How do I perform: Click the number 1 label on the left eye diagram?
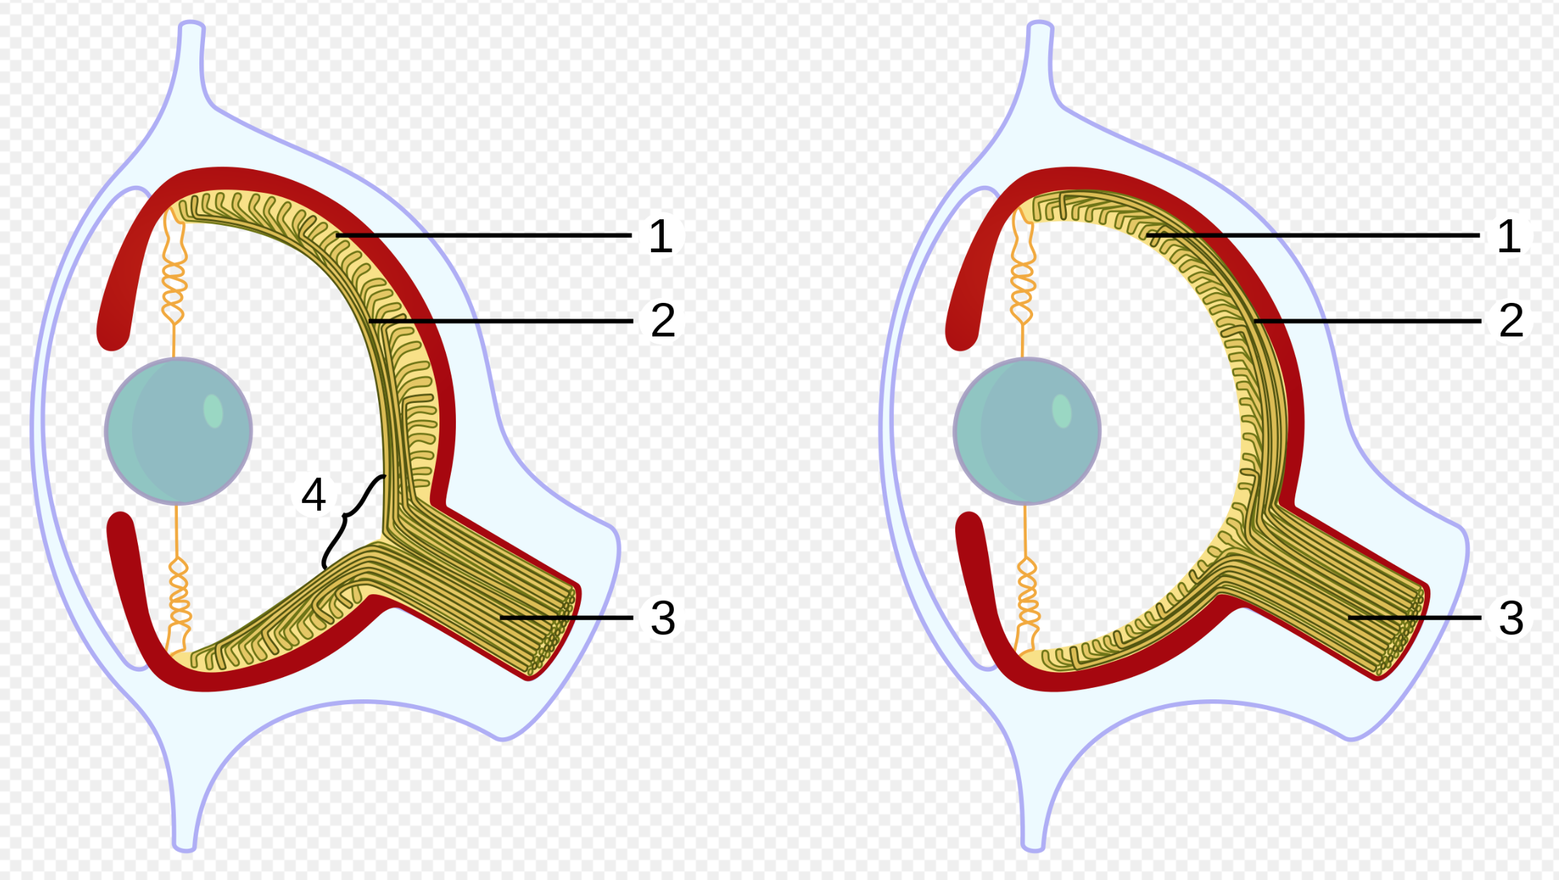[x=661, y=236]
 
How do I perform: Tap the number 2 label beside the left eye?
[x=663, y=319]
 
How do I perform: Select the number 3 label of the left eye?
[x=663, y=618]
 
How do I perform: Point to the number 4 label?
[x=314, y=494]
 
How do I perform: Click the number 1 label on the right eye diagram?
[x=1509, y=236]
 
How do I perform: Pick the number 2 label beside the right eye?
[x=1511, y=319]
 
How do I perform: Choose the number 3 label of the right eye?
[x=1511, y=618]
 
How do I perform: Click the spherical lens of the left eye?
[x=179, y=431]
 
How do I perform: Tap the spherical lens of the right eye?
[x=1027, y=431]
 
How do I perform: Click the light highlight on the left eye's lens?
[x=213, y=411]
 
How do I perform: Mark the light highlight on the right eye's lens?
[x=1062, y=411]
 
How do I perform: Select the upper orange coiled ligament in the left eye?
[x=174, y=282]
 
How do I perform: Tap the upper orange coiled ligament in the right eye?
[x=1022, y=282]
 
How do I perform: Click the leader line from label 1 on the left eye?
[x=484, y=235]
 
